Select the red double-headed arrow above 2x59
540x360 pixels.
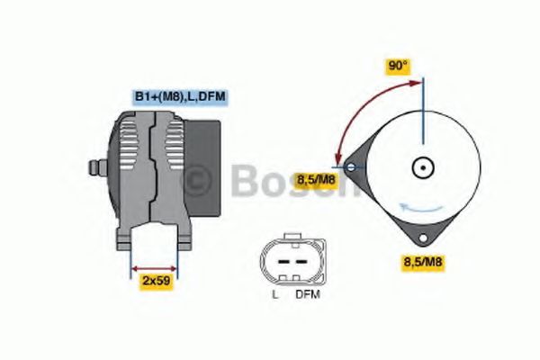155,267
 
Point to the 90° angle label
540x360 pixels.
397,66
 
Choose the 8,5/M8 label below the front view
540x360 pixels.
422,261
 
